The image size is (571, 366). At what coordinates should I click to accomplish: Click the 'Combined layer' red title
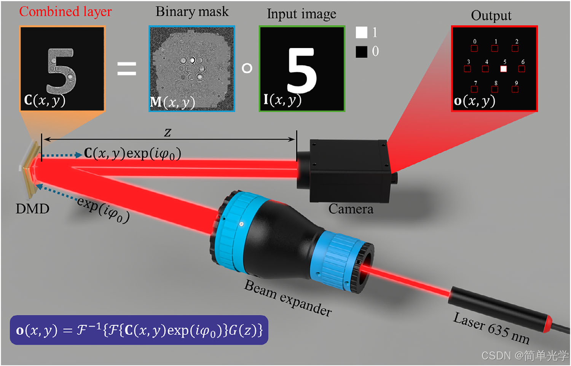point(65,12)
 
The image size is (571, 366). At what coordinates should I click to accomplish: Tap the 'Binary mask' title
point(192,12)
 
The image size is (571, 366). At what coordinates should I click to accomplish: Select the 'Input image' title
point(301,14)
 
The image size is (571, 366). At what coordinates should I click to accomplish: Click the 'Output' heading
point(491,16)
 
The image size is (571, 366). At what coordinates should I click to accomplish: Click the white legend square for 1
point(361,32)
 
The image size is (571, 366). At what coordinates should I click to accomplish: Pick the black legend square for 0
point(361,51)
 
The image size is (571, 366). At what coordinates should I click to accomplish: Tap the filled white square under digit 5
point(503,69)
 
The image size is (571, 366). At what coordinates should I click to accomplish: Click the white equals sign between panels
point(126,69)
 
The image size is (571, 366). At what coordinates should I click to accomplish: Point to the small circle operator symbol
point(247,68)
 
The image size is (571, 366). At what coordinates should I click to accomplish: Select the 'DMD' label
point(32,209)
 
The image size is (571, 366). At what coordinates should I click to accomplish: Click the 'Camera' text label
point(351,209)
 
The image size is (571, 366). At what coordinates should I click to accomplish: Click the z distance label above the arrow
point(167,132)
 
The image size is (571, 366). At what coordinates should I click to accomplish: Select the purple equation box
point(139,330)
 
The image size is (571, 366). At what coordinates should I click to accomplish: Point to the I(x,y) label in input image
point(282,100)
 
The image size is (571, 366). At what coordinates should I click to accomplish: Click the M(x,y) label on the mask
point(172,102)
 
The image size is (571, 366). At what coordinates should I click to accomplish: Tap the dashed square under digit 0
point(474,48)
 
